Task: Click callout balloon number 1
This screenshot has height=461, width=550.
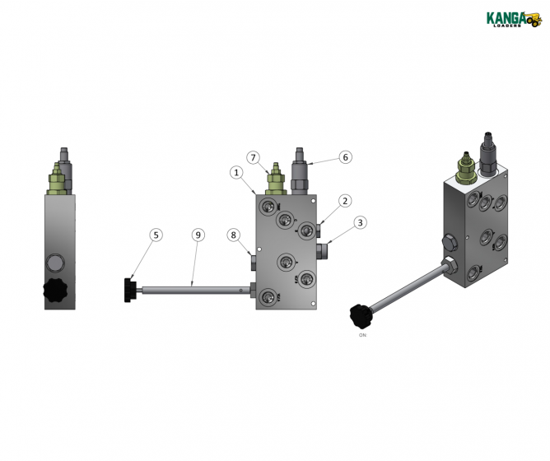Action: point(236,173)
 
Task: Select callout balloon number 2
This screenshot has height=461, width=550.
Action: point(345,200)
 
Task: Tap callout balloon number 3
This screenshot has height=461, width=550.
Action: point(360,222)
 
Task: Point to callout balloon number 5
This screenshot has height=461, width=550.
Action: point(156,235)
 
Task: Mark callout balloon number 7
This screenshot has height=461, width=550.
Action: point(254,157)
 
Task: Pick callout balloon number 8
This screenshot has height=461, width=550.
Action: point(234,235)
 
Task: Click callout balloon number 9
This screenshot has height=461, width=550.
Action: point(198,235)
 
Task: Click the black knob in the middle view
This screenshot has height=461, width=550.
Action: point(131,291)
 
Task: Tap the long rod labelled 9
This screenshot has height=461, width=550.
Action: point(193,290)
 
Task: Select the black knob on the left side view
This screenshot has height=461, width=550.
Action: point(57,291)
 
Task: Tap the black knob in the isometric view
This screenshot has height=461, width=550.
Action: point(361,314)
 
